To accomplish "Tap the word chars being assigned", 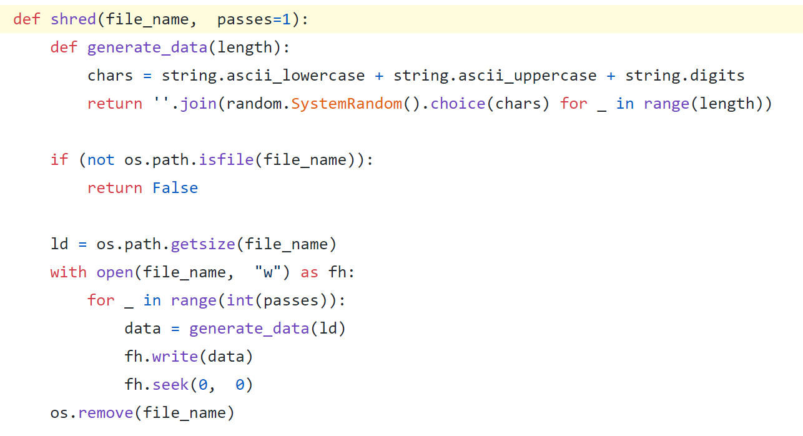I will tap(110, 76).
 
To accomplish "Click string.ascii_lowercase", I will tap(263, 76).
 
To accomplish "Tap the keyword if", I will tap(59, 160).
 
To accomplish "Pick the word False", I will tap(175, 188).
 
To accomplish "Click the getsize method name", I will tap(203, 244).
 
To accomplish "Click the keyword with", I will tap(69, 272).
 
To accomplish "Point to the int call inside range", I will tap(240, 300).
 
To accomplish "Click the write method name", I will tap(175, 357).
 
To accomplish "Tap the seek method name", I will tap(170, 385).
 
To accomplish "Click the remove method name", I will tap(106, 413).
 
